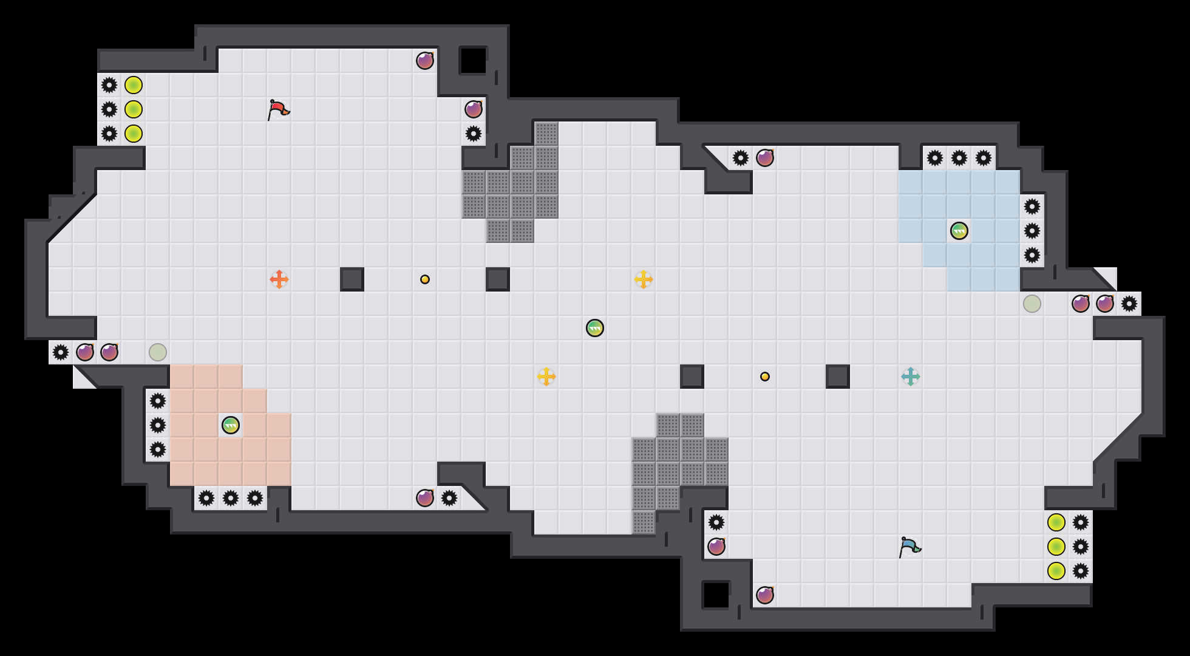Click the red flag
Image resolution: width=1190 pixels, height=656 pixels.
click(277, 109)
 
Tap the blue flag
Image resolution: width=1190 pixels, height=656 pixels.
click(909, 547)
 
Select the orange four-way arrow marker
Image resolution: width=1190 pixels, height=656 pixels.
click(279, 279)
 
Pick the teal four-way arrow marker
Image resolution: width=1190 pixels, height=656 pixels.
click(911, 377)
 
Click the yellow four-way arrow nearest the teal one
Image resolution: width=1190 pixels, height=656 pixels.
click(644, 279)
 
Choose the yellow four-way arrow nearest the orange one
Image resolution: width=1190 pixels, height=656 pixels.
click(546, 377)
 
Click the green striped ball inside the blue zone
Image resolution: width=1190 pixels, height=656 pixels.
click(959, 231)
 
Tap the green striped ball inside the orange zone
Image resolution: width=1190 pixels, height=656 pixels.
click(231, 425)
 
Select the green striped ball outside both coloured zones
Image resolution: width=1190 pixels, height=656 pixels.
click(595, 328)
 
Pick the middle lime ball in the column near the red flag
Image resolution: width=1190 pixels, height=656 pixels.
click(134, 109)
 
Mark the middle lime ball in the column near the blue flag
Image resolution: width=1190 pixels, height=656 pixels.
click(1056, 547)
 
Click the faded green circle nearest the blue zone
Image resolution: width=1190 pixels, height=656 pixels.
click(1032, 304)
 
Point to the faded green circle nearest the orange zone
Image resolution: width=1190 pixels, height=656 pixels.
click(158, 352)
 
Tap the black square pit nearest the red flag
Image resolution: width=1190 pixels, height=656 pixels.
click(474, 61)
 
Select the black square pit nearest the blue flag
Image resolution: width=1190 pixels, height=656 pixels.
click(716, 595)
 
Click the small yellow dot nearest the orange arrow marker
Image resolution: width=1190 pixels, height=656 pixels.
click(425, 279)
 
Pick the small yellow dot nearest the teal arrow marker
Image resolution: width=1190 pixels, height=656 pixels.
click(765, 377)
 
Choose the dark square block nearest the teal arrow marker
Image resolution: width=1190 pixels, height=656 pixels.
click(838, 377)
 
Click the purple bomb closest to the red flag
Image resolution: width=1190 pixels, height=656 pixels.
click(425, 61)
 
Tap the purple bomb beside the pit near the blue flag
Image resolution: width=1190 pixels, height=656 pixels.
click(765, 595)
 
